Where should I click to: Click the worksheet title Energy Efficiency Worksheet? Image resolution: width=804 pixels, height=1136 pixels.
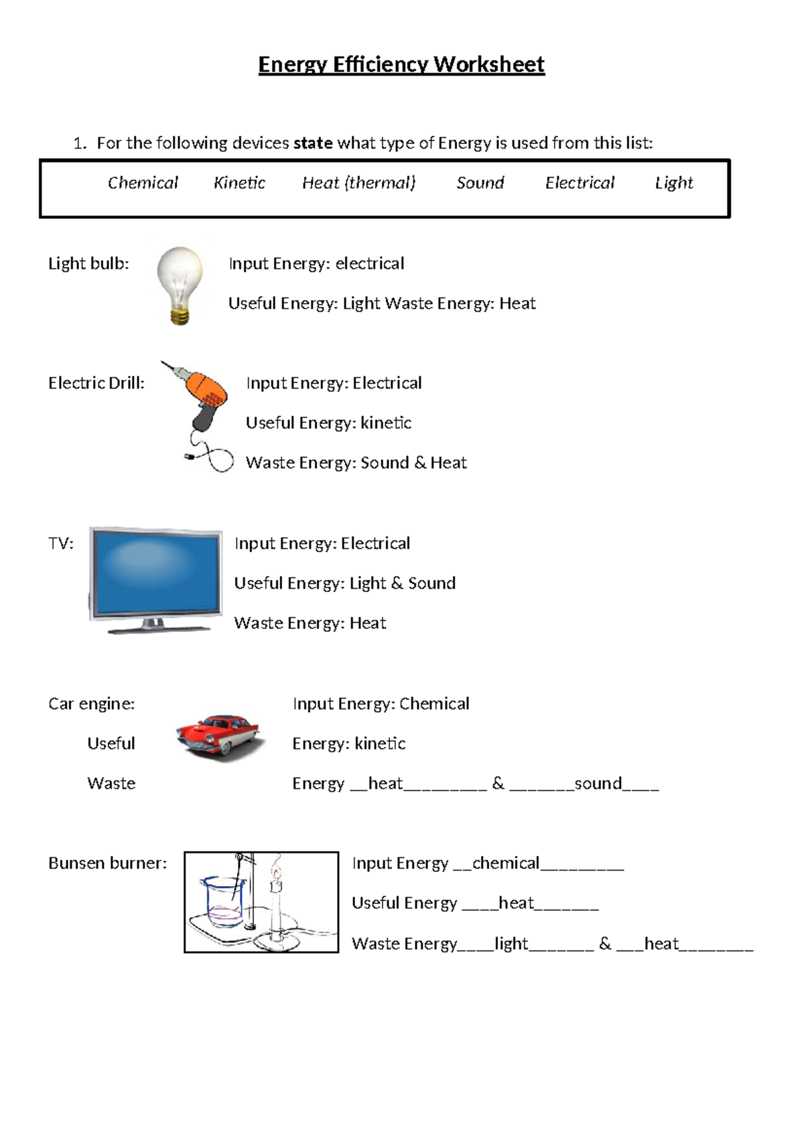click(401, 64)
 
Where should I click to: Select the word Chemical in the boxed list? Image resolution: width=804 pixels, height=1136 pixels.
click(143, 183)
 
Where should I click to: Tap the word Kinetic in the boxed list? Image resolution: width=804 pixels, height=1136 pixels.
click(239, 183)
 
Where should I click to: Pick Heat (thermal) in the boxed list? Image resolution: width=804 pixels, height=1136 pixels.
click(358, 183)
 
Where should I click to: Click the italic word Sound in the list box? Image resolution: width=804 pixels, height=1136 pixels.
click(480, 183)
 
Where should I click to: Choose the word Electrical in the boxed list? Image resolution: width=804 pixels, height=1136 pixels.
click(580, 183)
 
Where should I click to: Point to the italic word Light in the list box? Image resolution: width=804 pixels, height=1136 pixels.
click(673, 183)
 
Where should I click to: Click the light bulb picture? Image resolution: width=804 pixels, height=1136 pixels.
click(180, 281)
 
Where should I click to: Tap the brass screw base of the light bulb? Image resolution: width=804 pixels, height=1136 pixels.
click(180, 315)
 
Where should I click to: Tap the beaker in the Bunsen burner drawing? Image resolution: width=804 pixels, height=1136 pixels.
click(223, 901)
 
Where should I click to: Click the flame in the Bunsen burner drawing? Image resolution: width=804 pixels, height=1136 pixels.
click(275, 871)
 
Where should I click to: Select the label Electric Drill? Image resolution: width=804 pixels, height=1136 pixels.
click(96, 383)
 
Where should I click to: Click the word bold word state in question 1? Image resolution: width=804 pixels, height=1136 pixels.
click(313, 143)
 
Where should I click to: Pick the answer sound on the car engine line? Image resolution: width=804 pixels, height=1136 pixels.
click(598, 784)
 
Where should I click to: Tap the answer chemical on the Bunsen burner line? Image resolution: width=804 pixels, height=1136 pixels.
click(506, 863)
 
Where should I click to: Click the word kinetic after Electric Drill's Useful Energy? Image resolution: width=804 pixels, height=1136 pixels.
click(386, 423)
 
